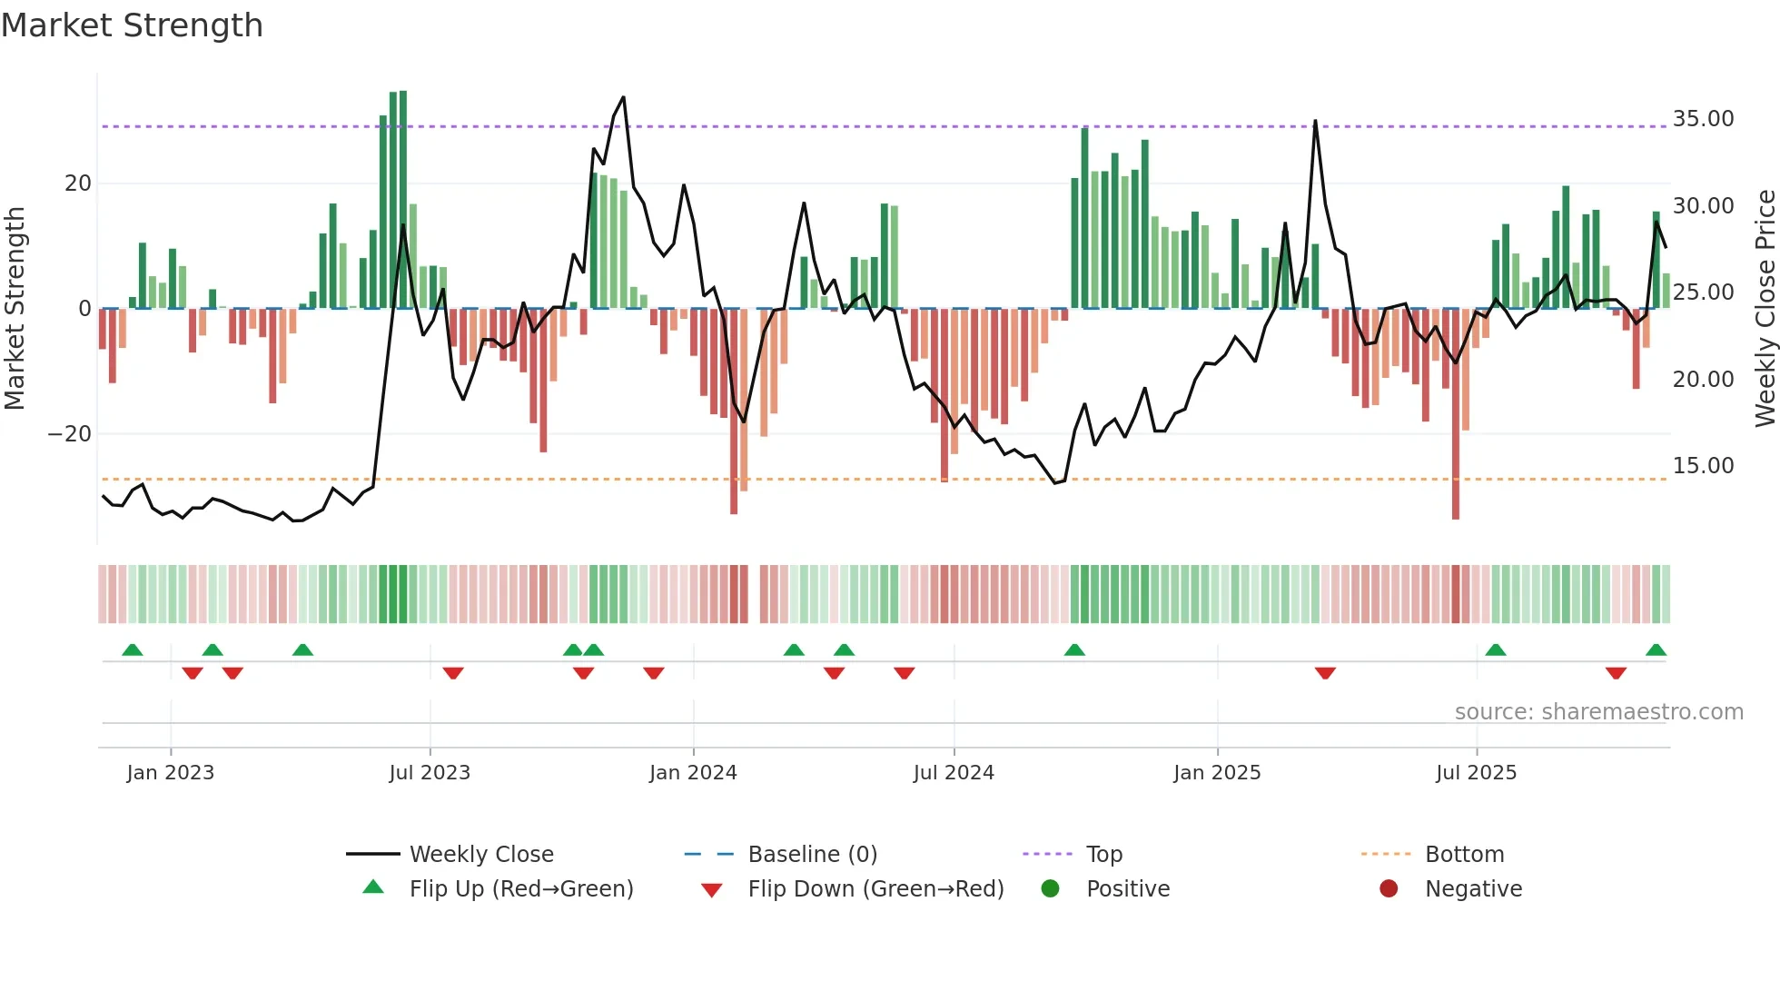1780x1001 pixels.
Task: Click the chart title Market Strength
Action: [132, 25]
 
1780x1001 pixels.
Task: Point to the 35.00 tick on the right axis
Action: [1703, 119]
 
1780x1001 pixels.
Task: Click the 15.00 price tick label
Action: [1703, 466]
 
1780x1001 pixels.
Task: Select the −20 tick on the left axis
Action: [70, 434]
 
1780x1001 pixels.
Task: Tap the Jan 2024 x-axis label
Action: [693, 773]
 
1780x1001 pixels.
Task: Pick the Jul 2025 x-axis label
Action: [1476, 773]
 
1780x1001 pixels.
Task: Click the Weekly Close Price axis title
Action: [1765, 308]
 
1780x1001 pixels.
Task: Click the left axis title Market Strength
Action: [15, 308]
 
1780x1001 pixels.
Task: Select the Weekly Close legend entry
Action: [480, 855]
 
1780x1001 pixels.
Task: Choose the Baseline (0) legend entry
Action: [812, 855]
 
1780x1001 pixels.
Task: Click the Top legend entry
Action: [1103, 855]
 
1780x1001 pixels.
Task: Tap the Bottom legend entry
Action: [1464, 855]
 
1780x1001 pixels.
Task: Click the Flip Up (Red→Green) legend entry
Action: [520, 889]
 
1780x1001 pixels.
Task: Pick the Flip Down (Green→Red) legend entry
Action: [875, 889]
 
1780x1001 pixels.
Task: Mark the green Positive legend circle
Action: [1051, 889]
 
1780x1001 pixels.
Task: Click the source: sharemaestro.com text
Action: [1598, 712]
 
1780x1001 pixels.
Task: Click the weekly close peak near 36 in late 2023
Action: [623, 97]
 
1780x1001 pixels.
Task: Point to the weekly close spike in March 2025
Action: [1315, 121]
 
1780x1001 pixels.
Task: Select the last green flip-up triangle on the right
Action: [1656, 650]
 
